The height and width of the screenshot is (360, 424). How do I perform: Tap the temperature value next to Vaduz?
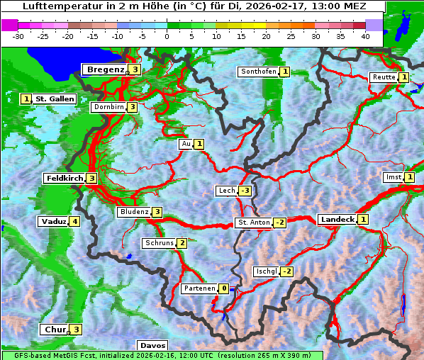[x=74, y=222]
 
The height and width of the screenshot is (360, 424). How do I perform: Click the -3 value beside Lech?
[x=245, y=191]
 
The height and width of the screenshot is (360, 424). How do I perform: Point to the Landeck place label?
[x=337, y=220]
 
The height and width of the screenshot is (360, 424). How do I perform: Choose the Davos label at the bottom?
[x=152, y=346]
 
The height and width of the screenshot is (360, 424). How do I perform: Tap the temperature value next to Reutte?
[x=403, y=77]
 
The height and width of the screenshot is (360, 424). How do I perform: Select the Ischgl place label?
[x=266, y=271]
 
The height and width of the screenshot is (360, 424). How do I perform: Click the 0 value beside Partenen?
[x=223, y=288]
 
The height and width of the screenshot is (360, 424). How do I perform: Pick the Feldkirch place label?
[x=65, y=179]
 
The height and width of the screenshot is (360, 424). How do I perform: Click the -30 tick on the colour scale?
[x=18, y=36]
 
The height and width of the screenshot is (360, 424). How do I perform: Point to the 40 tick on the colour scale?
[x=365, y=36]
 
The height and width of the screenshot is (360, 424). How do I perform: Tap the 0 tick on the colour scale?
[x=167, y=36]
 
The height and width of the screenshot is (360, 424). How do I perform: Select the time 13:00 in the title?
[x=310, y=6]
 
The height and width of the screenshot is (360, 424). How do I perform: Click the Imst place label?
[x=392, y=177]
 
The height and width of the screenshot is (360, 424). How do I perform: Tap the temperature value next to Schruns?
[x=182, y=244]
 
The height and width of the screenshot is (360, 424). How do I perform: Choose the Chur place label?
[x=54, y=330]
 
